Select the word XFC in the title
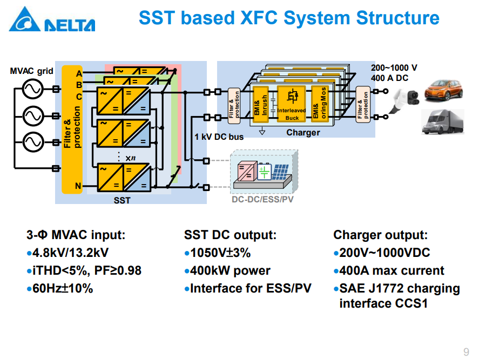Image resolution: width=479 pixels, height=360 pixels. [259, 18]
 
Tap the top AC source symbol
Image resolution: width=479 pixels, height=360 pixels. [32, 89]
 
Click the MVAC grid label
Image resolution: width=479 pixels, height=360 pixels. [31, 71]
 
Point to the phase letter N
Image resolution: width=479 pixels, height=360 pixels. [78, 186]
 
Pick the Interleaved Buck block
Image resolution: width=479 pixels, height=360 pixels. [292, 104]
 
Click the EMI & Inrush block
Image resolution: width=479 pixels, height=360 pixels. [261, 104]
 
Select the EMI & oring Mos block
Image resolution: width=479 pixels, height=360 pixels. [320, 104]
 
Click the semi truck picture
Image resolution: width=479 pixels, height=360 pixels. [443, 122]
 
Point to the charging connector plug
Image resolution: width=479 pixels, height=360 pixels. [404, 100]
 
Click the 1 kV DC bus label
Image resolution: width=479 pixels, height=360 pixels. [219, 137]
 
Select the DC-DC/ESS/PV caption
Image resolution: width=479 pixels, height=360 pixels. [262, 199]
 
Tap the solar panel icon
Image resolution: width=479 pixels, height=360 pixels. [280, 172]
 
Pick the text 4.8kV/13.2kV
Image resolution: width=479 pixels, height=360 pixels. [70, 253]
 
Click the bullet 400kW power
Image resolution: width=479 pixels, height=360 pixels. [227, 270]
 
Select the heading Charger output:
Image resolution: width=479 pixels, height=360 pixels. [380, 235]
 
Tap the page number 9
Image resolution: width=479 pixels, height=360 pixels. [466, 352]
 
